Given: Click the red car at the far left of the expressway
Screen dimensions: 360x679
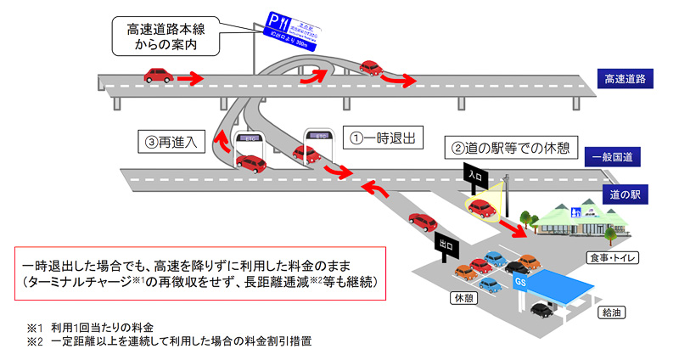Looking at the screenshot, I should pos(159,75).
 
